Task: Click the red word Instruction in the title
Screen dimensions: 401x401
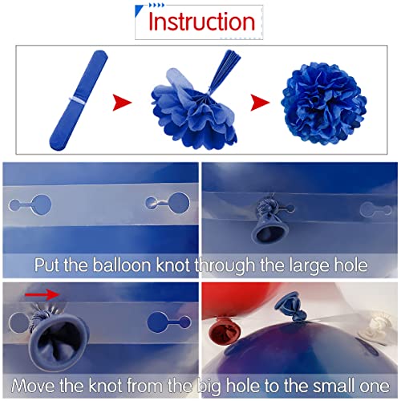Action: click(201, 22)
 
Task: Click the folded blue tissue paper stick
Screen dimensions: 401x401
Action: click(79, 100)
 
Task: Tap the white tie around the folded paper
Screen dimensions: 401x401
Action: click(77, 102)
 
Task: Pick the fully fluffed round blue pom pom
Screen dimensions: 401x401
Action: click(323, 103)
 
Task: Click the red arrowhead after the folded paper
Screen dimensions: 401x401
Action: click(122, 102)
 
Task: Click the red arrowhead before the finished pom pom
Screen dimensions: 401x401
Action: click(260, 102)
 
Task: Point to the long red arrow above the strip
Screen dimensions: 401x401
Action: click(42, 294)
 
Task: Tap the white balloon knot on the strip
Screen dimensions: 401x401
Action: click(375, 327)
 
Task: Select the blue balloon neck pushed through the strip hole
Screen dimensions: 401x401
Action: click(270, 221)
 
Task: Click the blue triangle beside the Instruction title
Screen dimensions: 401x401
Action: click(139, 10)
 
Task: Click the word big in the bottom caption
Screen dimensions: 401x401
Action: click(209, 387)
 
